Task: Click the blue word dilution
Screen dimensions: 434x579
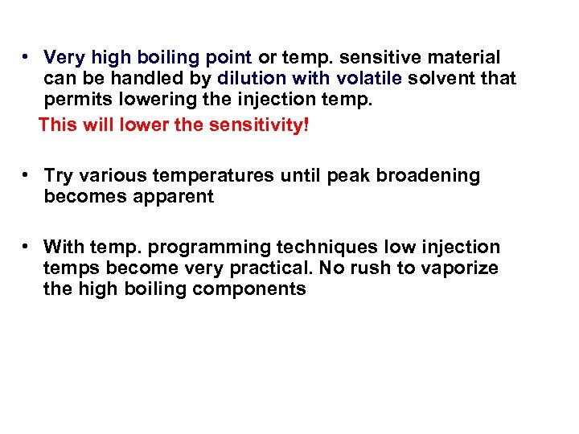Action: (x=252, y=79)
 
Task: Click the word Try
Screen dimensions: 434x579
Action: (x=58, y=176)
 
